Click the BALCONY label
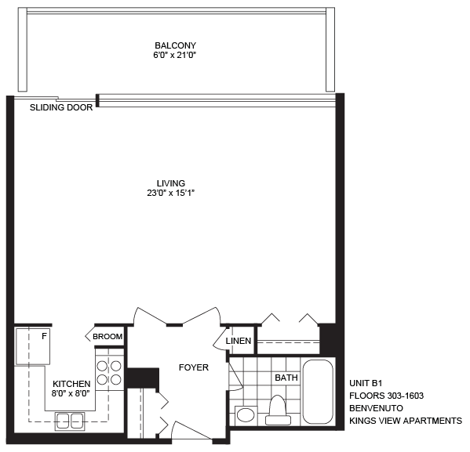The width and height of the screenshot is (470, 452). (x=175, y=45)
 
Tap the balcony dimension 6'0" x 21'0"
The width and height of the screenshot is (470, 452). (x=174, y=56)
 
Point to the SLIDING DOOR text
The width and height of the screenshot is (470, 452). (x=61, y=107)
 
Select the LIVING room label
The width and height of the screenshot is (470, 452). (x=171, y=183)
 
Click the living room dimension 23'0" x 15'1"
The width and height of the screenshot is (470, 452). (x=171, y=193)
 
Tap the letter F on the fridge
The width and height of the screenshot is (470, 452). (x=44, y=337)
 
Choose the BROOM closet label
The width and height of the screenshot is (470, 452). (x=107, y=337)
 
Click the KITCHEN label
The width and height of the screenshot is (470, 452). (x=71, y=384)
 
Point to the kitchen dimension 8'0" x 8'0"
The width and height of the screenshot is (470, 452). (x=71, y=393)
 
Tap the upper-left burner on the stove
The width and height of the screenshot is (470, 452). (x=102, y=366)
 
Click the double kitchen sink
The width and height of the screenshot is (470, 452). (x=70, y=421)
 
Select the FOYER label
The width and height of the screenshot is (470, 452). (x=194, y=367)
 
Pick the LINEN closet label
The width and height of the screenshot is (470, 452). (x=239, y=341)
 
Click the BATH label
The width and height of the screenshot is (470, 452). (x=286, y=378)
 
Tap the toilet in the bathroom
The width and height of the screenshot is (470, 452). (x=278, y=410)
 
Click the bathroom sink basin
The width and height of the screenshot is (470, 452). (x=246, y=415)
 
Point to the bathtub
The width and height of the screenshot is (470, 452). (x=318, y=392)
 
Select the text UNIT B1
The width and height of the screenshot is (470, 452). (x=366, y=383)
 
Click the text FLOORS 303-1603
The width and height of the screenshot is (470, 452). (x=386, y=396)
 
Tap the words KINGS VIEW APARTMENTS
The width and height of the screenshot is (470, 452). (x=406, y=421)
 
